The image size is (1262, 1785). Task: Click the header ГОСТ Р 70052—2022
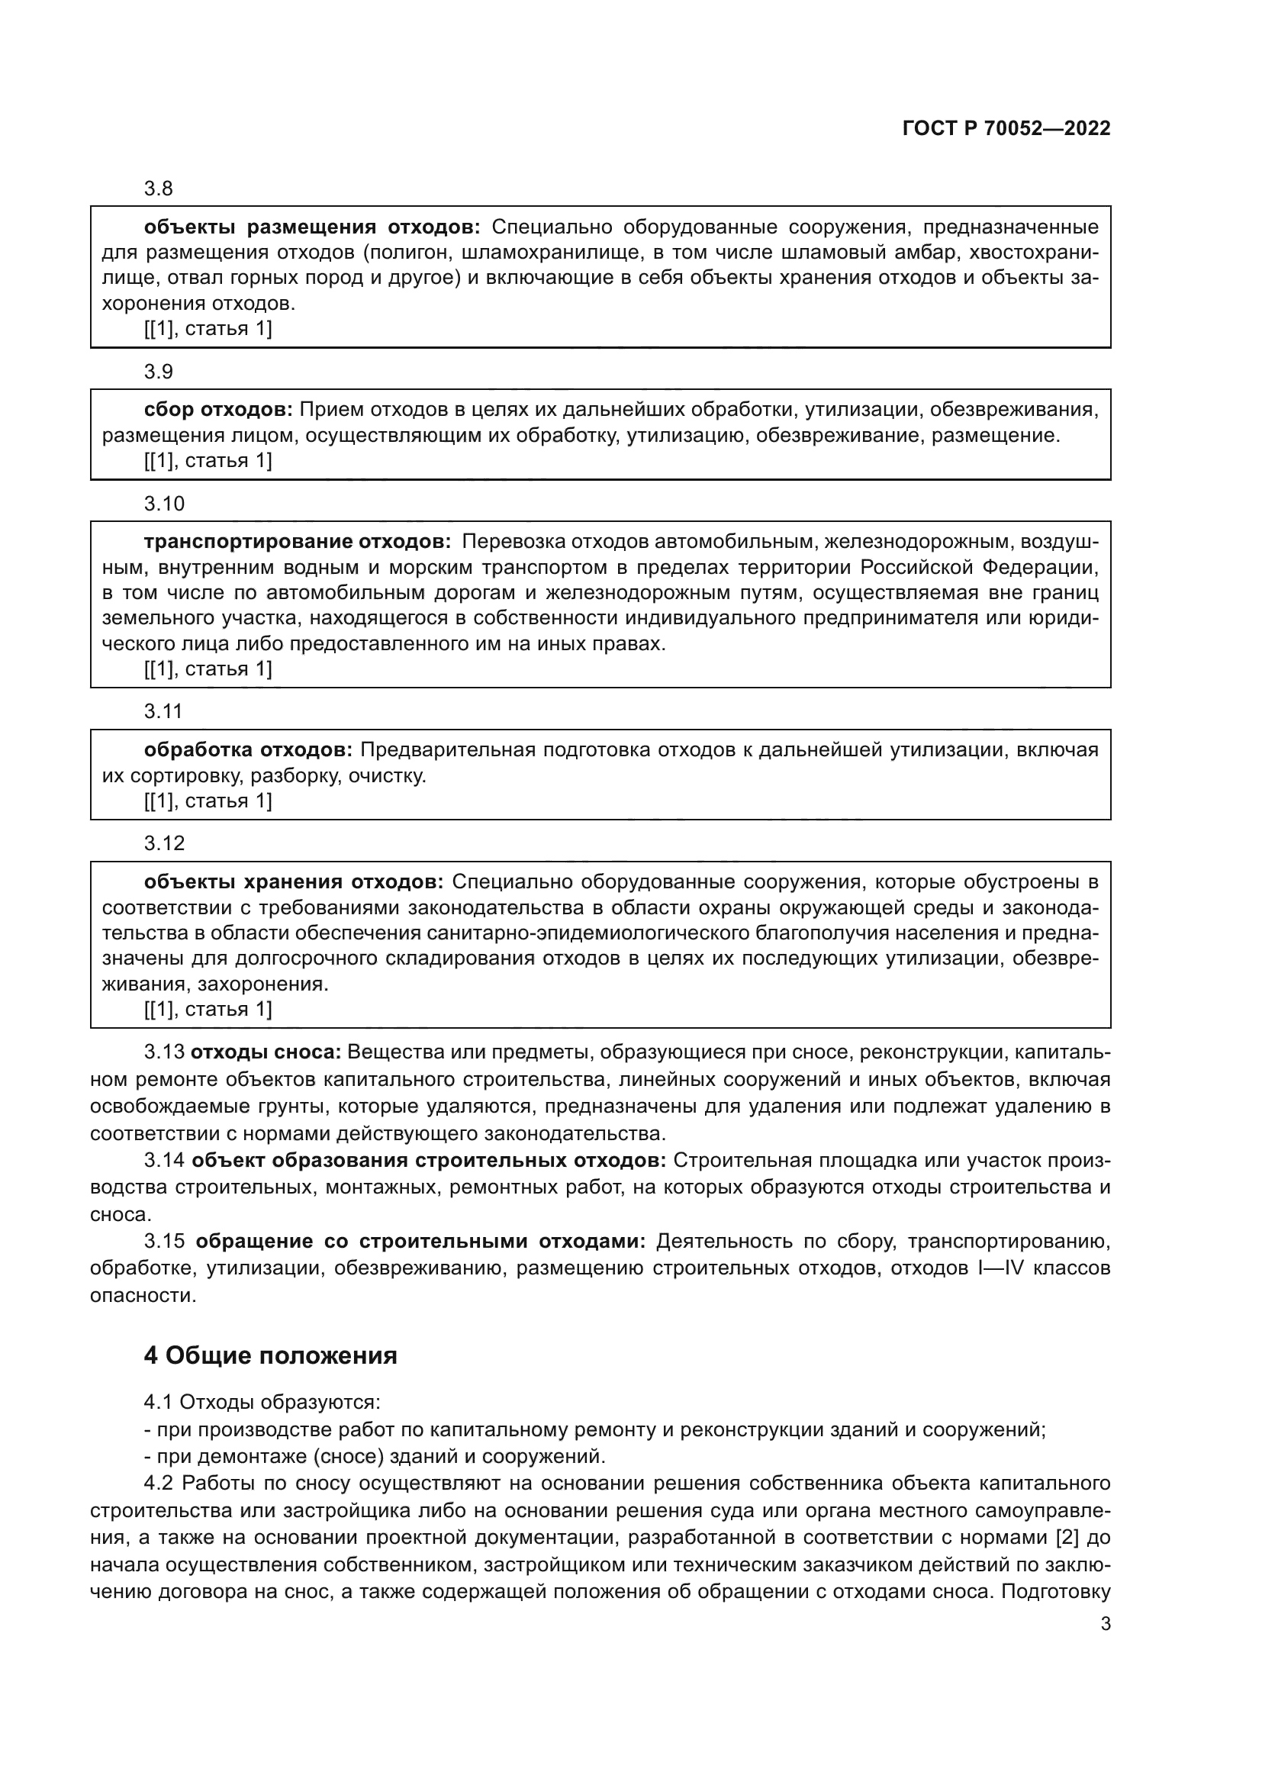point(1006,129)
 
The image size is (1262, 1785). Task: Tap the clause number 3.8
point(159,189)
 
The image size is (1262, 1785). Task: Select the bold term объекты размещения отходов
point(312,227)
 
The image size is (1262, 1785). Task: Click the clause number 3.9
point(159,372)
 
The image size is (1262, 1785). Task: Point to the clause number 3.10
point(164,504)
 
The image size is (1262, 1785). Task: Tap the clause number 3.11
point(163,711)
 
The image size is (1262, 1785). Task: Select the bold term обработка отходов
point(248,750)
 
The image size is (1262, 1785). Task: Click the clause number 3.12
point(164,843)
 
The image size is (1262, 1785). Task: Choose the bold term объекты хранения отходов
point(294,882)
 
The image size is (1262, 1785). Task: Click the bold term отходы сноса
point(266,1052)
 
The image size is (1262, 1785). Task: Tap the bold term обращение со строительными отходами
point(420,1242)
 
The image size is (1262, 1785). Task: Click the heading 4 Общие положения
point(270,1356)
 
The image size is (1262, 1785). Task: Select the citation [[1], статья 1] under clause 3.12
point(208,1009)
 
